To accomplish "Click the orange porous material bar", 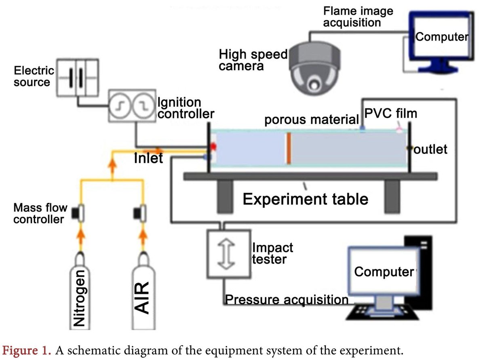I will click(x=289, y=149).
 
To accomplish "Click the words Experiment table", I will click(x=306, y=199).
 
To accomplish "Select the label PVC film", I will click(x=390, y=114).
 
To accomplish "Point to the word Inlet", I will click(x=149, y=158).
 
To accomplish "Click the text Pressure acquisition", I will click(x=287, y=300).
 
